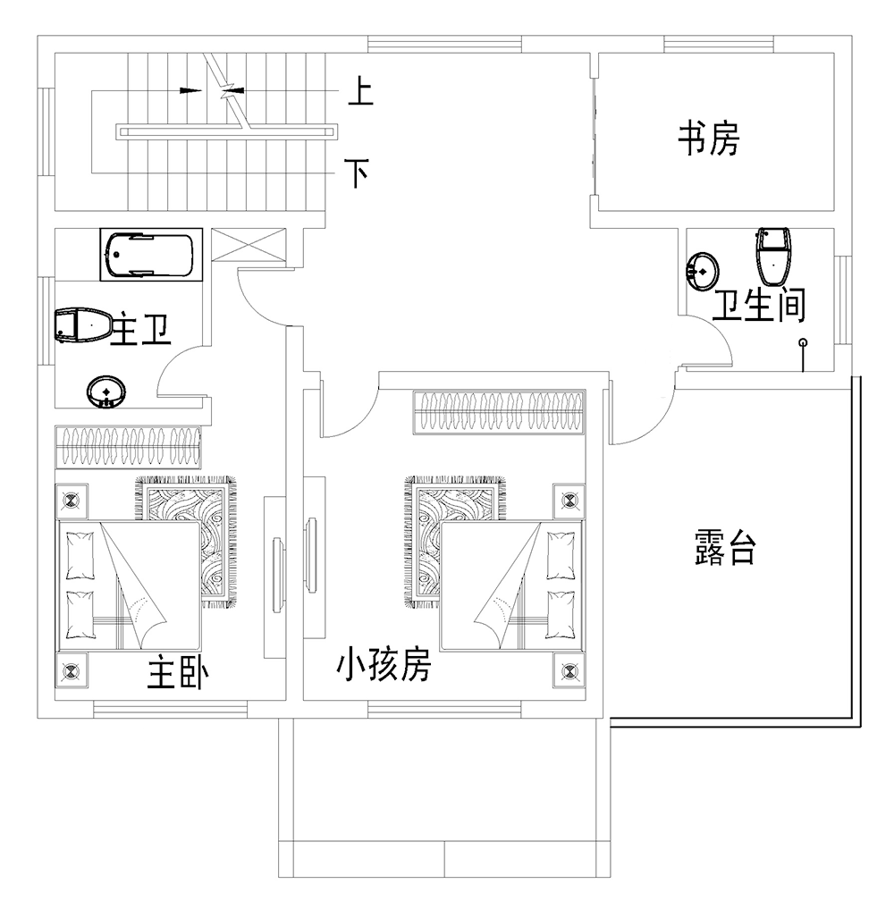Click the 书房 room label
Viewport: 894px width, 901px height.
click(x=708, y=138)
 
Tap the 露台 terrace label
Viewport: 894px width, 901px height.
click(x=724, y=547)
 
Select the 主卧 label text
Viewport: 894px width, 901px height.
click(x=178, y=673)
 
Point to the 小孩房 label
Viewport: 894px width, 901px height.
click(x=384, y=663)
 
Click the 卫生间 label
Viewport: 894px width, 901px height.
click(x=759, y=305)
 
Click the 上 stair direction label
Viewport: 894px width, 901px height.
click(x=361, y=92)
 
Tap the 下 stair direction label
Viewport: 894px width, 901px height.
click(x=358, y=173)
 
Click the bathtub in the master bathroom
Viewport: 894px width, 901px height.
click(x=151, y=255)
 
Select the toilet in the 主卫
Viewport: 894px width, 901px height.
click(x=83, y=326)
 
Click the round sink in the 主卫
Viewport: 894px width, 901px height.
click(x=106, y=392)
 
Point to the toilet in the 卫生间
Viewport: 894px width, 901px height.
click(x=773, y=256)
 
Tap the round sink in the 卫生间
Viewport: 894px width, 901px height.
click(x=702, y=270)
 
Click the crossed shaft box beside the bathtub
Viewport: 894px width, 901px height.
click(x=249, y=245)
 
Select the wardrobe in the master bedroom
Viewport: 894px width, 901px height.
click(x=128, y=448)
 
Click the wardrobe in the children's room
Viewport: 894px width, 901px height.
click(x=500, y=412)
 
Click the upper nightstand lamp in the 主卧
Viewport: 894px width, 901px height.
click(x=72, y=501)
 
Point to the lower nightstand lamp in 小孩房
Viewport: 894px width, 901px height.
click(x=569, y=670)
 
